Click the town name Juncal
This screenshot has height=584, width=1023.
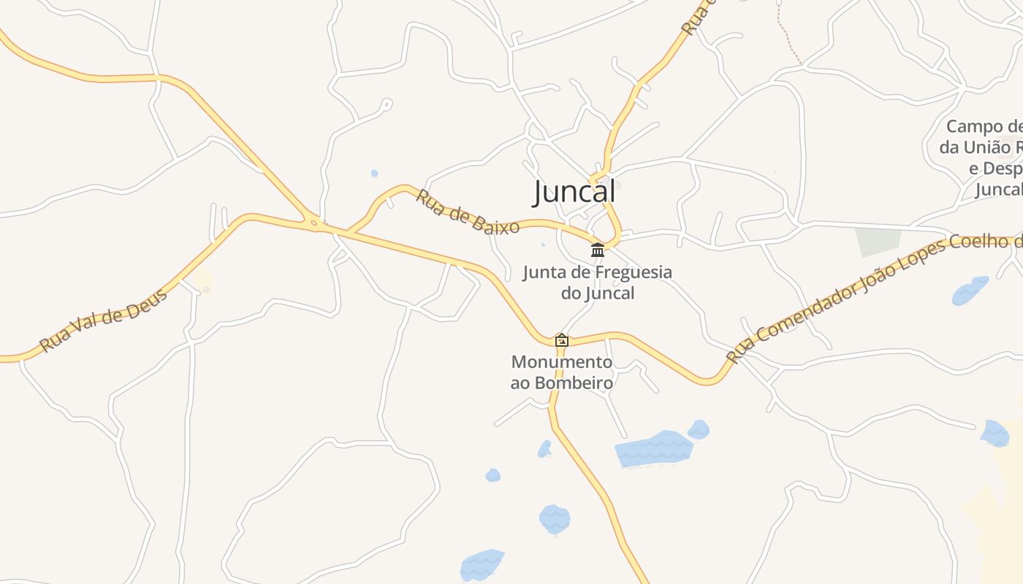coord(574,193)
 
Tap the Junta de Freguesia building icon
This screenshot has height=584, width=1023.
coord(598,250)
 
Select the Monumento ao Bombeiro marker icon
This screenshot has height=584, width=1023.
coord(562,340)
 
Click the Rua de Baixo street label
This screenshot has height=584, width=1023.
coord(468,212)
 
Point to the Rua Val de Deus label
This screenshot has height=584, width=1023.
coord(103,319)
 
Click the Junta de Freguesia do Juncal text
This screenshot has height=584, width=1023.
coord(597,283)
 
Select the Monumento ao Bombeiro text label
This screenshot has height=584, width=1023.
coord(562,372)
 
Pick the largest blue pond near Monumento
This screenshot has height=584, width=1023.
coord(653,448)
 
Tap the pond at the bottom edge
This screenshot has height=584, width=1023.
coord(482,565)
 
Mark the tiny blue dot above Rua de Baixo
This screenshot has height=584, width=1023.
coord(374,173)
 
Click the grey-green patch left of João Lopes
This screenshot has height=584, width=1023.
coord(877,242)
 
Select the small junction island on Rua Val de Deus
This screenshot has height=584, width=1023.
coord(314,223)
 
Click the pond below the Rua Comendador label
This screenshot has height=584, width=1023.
coord(970,291)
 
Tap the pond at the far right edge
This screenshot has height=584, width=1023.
coord(995,433)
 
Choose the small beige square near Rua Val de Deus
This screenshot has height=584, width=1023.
coord(202,282)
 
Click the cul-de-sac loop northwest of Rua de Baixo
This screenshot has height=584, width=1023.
coord(387,104)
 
